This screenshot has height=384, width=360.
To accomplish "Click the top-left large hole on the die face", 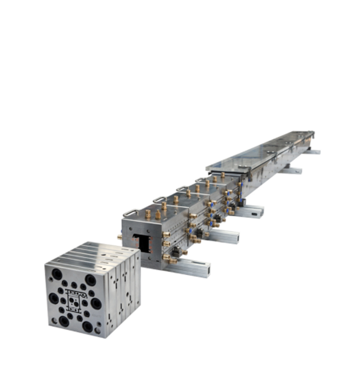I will coord(57,275).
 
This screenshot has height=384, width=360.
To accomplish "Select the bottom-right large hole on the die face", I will coord(87,326).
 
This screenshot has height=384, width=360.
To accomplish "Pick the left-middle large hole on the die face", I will coord(54,298).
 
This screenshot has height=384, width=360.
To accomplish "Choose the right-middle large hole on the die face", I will coord(96,303).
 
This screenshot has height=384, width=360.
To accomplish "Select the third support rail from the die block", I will coord(250,211).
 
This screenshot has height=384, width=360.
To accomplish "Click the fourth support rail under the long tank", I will coord(291,170).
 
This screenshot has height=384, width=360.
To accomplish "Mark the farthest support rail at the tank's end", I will coord(311,152).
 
